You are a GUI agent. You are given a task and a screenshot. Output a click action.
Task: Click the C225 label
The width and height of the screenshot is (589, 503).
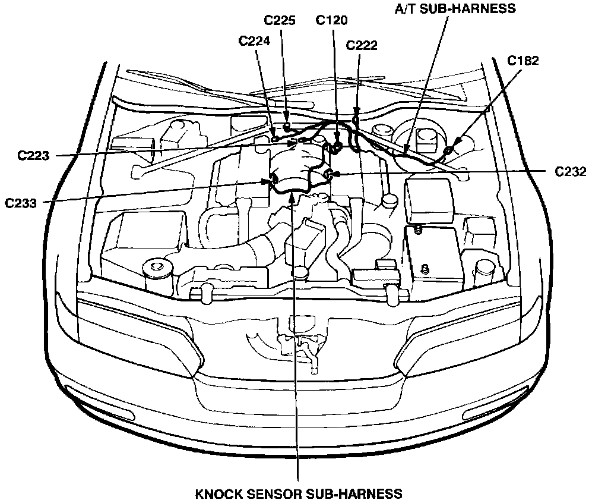point(280,20)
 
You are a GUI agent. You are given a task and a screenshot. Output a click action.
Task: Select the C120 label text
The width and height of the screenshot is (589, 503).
point(332,20)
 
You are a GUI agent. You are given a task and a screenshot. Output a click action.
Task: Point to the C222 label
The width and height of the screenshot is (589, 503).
point(361,45)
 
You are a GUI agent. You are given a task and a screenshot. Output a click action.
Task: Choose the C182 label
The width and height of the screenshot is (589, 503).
point(523,60)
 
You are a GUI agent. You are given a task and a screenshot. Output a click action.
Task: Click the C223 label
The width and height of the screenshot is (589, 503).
point(34,156)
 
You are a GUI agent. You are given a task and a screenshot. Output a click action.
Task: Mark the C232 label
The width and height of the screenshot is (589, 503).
point(571,172)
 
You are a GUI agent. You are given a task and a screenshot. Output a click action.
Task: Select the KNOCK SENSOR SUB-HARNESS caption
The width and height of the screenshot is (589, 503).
point(299,493)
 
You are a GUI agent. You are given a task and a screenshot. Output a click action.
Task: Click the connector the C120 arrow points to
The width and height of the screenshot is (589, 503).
point(337,147)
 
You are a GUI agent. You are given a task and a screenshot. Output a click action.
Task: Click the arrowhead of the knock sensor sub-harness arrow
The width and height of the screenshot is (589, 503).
point(292,196)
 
